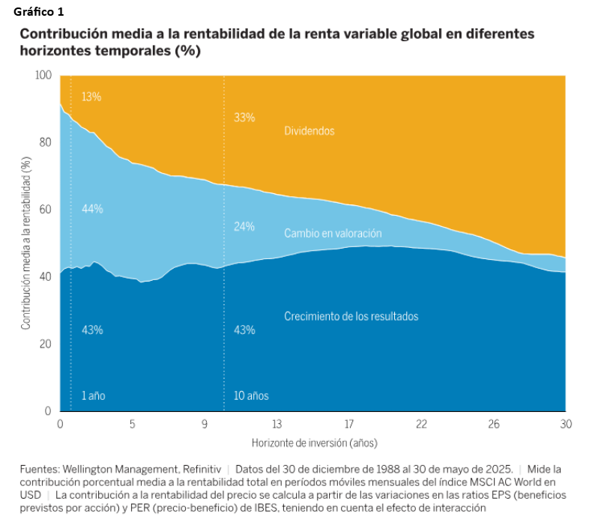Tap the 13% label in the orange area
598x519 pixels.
tap(91, 97)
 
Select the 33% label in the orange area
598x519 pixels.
tap(244, 118)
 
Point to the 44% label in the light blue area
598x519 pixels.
tap(91, 209)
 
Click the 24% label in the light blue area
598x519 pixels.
tap(244, 226)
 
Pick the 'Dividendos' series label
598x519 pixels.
tap(309, 130)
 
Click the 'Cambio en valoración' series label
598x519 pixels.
tap(333, 234)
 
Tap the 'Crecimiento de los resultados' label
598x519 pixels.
tap(351, 316)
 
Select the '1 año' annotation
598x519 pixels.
tap(93, 395)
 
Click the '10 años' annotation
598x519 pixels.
tap(251, 395)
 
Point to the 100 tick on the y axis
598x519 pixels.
tap(43, 76)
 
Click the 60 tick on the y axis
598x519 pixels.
tap(46, 210)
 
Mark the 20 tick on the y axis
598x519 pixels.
tap(46, 344)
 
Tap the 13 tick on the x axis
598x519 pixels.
tap(277, 424)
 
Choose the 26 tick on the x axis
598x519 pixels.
tap(493, 424)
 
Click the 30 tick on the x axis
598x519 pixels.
tap(566, 424)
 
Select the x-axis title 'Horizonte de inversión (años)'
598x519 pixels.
tap(313, 442)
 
